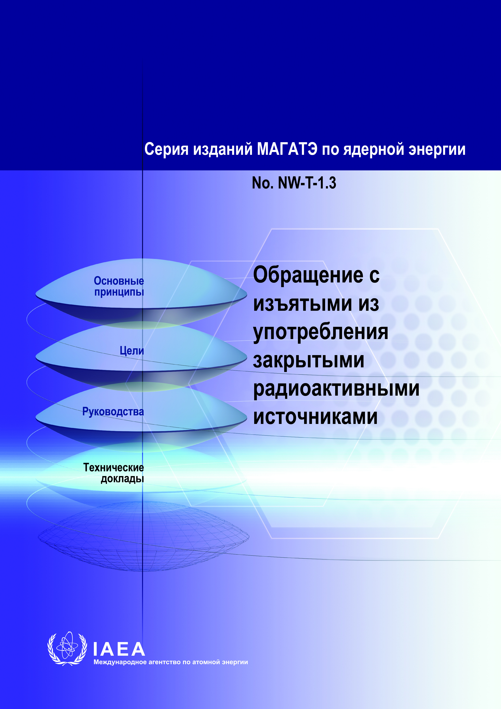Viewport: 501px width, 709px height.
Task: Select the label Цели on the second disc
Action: tap(132, 351)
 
